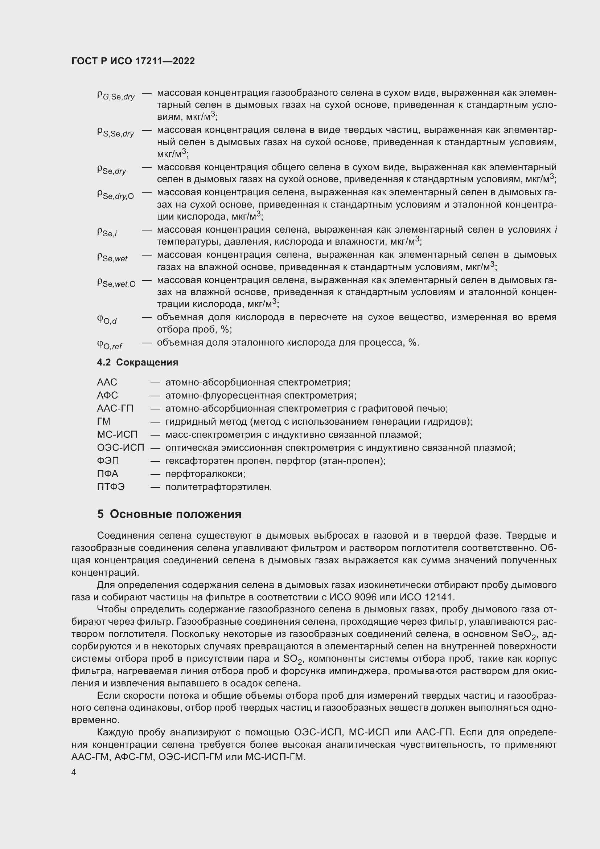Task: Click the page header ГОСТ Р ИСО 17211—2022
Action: (133, 61)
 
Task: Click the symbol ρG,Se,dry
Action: (116, 96)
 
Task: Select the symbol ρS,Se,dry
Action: (115, 133)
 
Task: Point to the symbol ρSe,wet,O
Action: (116, 283)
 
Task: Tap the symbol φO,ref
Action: (109, 345)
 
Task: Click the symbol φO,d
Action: (107, 320)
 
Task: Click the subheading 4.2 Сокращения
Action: (137, 362)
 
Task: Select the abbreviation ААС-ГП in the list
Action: (115, 409)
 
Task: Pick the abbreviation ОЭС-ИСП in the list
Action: (120, 448)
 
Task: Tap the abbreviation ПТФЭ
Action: (111, 487)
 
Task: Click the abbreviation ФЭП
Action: (108, 461)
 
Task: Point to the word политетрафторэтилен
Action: (218, 487)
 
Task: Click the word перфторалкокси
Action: (205, 474)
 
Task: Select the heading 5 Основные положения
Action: (169, 514)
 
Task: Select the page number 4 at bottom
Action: (74, 772)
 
